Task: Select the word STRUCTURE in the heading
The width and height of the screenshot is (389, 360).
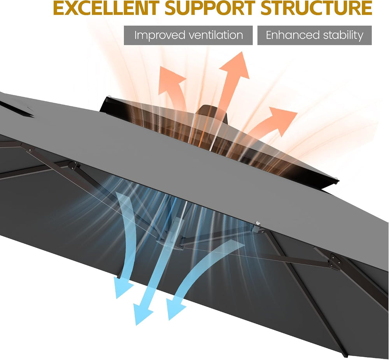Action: coord(316,8)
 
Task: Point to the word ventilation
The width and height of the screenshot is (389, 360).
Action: coord(216,35)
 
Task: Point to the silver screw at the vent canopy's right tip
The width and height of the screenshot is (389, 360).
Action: coord(336,178)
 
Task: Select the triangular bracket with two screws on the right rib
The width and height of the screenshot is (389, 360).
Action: coord(334,262)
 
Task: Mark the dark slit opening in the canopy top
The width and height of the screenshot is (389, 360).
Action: coord(16,109)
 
